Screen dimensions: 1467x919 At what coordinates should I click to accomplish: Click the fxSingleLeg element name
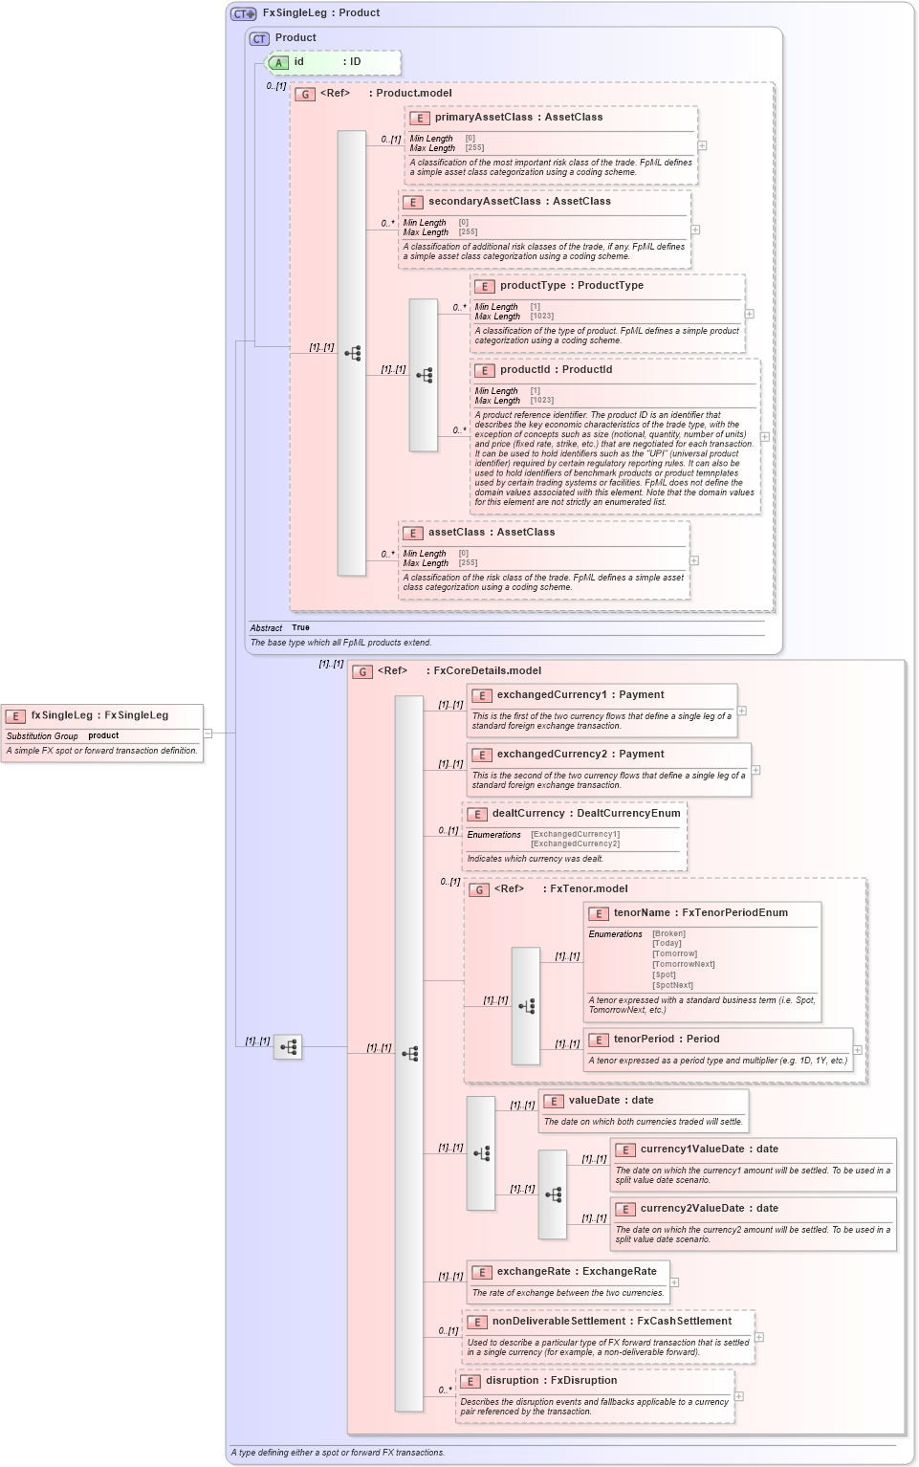63,715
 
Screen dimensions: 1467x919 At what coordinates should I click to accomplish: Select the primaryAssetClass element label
484,118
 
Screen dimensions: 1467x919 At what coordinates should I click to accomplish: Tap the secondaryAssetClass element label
484,202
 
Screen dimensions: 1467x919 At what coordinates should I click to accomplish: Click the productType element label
533,286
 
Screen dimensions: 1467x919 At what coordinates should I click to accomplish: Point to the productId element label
524,370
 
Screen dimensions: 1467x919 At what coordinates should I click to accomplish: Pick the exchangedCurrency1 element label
551,695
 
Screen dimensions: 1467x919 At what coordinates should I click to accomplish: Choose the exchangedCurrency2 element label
551,755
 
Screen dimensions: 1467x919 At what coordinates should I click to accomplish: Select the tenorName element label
642,913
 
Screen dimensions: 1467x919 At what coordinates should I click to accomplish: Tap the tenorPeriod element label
644,1040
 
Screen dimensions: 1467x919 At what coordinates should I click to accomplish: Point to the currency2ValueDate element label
691,1209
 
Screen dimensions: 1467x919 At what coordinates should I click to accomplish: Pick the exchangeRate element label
536,1272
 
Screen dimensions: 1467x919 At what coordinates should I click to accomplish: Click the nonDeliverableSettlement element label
558,1322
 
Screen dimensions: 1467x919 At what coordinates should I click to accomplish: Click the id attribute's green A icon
278,63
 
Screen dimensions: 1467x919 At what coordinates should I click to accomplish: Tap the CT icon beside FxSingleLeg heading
244,13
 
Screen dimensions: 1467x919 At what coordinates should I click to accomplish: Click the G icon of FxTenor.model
479,889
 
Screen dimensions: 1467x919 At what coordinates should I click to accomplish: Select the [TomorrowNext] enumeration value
683,964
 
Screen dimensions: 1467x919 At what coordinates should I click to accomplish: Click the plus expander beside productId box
764,437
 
